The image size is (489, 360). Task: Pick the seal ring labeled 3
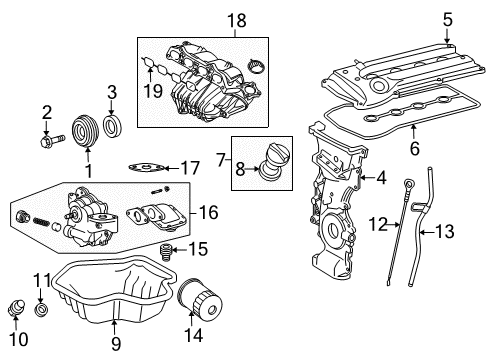click(x=112, y=127)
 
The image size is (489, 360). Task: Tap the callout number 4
click(x=380, y=179)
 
